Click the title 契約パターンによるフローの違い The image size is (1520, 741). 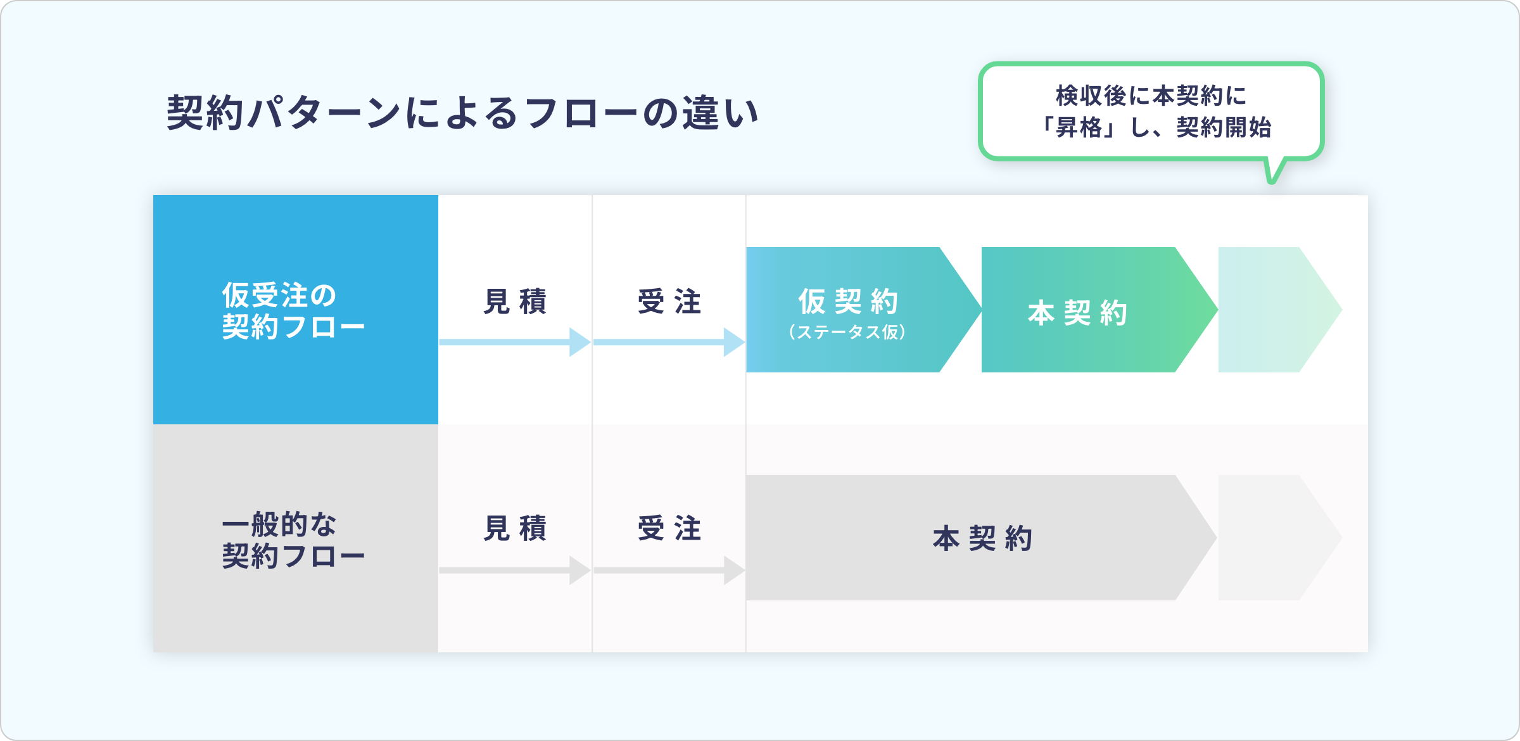[462, 113]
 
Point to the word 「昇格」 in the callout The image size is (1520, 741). [1080, 128]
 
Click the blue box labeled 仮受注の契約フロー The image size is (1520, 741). [295, 310]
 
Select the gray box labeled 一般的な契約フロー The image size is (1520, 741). [295, 539]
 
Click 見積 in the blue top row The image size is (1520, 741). [515, 301]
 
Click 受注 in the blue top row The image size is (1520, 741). [669, 301]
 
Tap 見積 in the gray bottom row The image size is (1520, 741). [515, 528]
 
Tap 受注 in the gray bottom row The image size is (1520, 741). [669, 528]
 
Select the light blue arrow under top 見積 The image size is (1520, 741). [515, 342]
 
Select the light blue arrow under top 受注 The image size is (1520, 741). [669, 342]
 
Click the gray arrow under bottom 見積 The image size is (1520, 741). [515, 570]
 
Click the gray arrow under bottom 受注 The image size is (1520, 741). [669, 570]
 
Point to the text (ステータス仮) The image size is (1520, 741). [847, 332]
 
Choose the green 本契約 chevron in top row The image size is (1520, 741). [1083, 310]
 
